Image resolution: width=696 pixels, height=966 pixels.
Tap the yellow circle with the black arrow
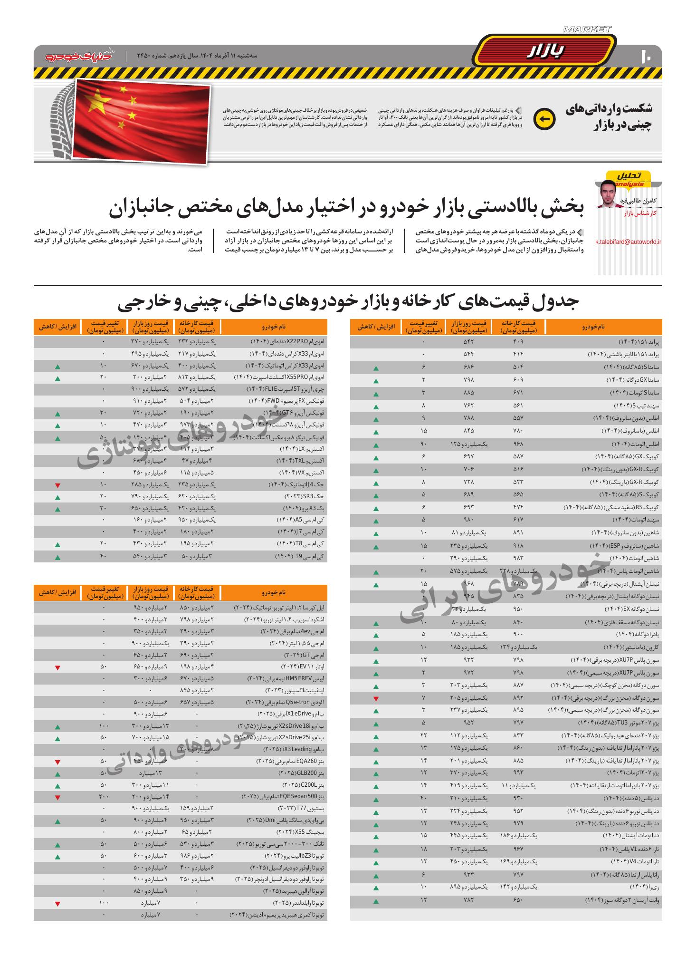544,119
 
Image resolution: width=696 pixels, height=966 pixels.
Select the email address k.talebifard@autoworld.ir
628,241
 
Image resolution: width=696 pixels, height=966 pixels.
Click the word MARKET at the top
587,29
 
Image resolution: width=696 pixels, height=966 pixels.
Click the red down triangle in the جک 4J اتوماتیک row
57,485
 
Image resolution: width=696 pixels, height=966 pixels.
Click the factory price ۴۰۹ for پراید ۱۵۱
518,342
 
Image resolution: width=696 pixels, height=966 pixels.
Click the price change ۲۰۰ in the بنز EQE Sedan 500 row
103,797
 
